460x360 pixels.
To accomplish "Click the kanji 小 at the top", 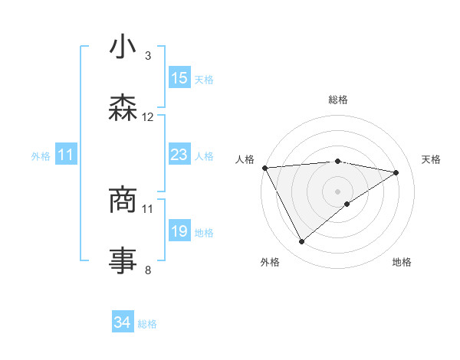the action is click(123, 48).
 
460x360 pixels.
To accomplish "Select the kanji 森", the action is click(123, 108).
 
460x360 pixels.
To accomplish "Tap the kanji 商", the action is click(123, 201).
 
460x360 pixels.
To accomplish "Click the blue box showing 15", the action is click(179, 78).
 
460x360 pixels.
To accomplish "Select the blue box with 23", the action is click(179, 155).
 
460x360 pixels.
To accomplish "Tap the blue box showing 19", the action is click(179, 231).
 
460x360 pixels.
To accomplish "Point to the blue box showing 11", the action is click(65, 155).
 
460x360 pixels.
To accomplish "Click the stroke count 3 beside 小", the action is click(148, 56).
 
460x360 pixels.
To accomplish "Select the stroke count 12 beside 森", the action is click(148, 117).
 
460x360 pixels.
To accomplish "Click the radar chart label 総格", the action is click(337, 100).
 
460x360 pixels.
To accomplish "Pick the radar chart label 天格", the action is click(432, 159).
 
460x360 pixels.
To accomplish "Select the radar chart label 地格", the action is click(402, 263).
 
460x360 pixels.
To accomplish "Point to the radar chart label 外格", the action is click(270, 263).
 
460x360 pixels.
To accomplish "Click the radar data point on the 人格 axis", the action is click(264, 168).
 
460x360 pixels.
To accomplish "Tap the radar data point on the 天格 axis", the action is click(396, 172).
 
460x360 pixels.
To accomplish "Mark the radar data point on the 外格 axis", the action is click(301, 242).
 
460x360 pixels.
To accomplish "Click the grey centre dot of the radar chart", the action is click(337, 191).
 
